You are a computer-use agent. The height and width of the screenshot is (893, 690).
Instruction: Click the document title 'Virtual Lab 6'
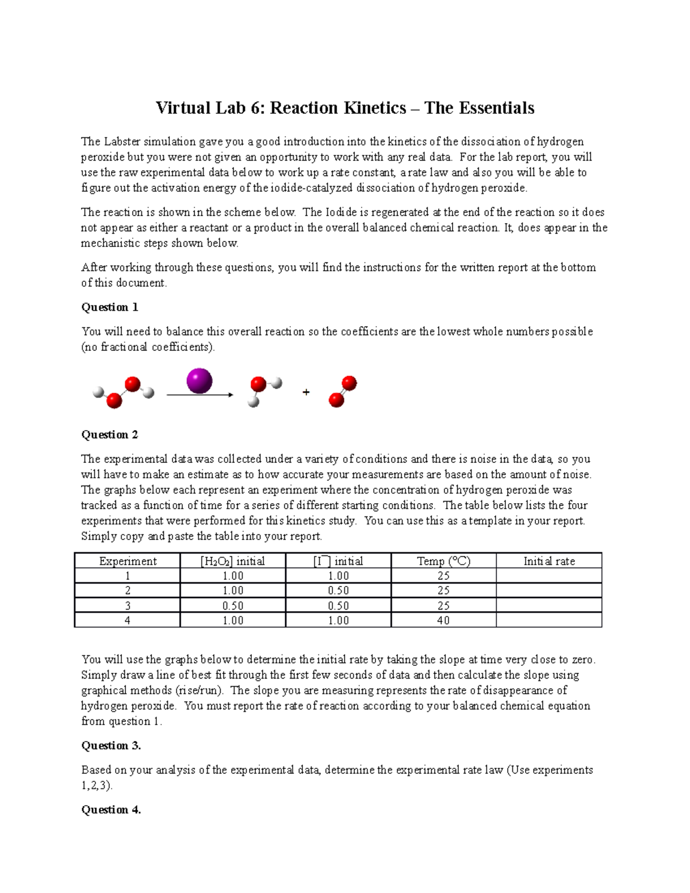[x=344, y=108]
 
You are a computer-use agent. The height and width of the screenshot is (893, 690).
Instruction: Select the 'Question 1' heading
[x=109, y=307]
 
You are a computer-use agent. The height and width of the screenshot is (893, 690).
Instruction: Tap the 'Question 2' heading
[x=109, y=435]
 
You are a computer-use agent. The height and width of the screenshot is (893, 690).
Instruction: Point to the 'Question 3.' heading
[x=111, y=746]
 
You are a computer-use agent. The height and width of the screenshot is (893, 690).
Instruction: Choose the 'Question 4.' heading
[x=111, y=810]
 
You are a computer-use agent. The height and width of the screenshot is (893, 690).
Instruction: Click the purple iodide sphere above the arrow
[x=199, y=381]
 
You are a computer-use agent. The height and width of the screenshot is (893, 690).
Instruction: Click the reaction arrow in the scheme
[x=200, y=395]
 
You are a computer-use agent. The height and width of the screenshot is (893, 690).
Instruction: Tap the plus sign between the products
[x=306, y=392]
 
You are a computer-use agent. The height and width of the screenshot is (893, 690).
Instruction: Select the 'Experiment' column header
[x=128, y=561]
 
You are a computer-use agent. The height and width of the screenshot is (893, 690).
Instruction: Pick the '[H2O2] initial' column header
[x=232, y=561]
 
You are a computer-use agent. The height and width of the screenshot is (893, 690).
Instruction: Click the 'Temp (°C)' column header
[x=443, y=561]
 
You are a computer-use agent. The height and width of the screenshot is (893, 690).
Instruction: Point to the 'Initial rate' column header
[x=549, y=561]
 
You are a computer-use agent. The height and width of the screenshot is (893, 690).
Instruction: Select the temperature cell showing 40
[x=443, y=620]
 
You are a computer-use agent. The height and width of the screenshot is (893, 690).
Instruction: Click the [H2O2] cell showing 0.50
[x=232, y=606]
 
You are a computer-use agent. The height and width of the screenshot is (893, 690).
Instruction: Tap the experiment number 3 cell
[x=128, y=606]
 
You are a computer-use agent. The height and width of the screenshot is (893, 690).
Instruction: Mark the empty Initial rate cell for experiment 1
[x=549, y=576]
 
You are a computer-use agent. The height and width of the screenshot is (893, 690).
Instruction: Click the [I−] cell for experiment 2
[x=338, y=591]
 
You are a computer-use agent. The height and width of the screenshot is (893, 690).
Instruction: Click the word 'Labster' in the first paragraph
[x=121, y=141]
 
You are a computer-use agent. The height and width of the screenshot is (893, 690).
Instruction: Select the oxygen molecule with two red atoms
[x=343, y=392]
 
